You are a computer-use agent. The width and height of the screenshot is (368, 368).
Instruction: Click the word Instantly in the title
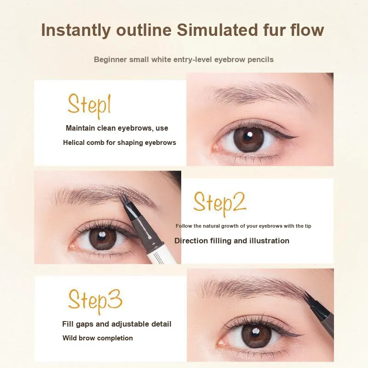point(76,30)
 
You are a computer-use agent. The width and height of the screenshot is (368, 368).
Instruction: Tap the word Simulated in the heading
point(217,30)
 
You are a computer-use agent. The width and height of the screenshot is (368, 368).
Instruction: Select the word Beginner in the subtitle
point(110,60)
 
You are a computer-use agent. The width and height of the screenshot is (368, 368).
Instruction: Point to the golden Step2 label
point(220,203)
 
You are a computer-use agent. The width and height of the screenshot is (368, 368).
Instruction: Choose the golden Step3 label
point(95,301)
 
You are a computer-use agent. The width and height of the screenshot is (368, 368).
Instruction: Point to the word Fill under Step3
point(66,324)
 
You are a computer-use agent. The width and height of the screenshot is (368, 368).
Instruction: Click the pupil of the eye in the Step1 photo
point(247,137)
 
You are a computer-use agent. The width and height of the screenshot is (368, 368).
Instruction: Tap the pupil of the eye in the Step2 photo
point(102,237)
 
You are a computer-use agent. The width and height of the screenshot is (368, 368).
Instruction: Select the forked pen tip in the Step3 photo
point(309,299)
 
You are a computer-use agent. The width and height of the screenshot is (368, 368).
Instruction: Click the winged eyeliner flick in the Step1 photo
point(289,136)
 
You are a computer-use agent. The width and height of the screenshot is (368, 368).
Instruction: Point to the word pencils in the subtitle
point(260,60)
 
